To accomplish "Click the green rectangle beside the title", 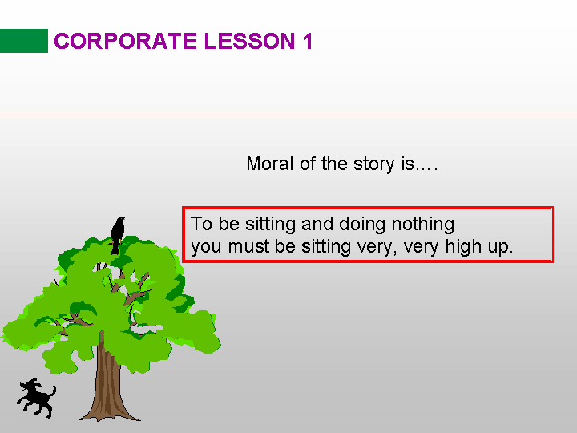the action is (x=24, y=41).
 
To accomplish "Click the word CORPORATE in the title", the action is (x=125, y=41).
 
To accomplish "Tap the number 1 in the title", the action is (x=308, y=41).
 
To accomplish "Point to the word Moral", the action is (x=270, y=164).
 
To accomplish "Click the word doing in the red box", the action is (x=362, y=225).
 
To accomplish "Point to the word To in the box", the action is (x=201, y=224).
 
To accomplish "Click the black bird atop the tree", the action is (x=118, y=235).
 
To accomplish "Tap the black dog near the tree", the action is (x=36, y=399).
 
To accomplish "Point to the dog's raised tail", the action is (x=53, y=391).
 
